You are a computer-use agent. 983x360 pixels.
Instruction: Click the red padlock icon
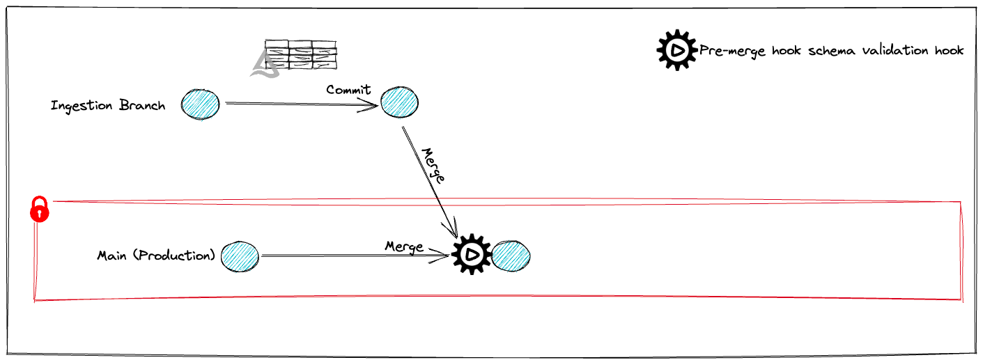[40, 209]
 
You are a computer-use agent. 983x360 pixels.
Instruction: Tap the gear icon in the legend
[676, 49]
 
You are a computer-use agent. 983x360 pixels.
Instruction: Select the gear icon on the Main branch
[472, 255]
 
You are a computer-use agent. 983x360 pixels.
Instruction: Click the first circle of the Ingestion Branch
[201, 104]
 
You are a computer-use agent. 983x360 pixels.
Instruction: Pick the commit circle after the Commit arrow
[400, 104]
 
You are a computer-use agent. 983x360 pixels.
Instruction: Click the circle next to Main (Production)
[240, 256]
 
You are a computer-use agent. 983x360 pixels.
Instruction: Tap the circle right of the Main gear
[511, 256]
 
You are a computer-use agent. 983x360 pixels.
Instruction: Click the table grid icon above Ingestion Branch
[300, 55]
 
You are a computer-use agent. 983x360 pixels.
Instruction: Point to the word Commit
[348, 90]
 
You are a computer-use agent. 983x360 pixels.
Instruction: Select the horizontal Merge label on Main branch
[404, 246]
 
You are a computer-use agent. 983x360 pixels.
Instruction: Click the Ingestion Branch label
[108, 106]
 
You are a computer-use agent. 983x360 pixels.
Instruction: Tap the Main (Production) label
[157, 256]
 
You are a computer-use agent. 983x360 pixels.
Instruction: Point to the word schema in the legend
[832, 50]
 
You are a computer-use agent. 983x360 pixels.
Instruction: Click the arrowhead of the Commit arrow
[375, 105]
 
